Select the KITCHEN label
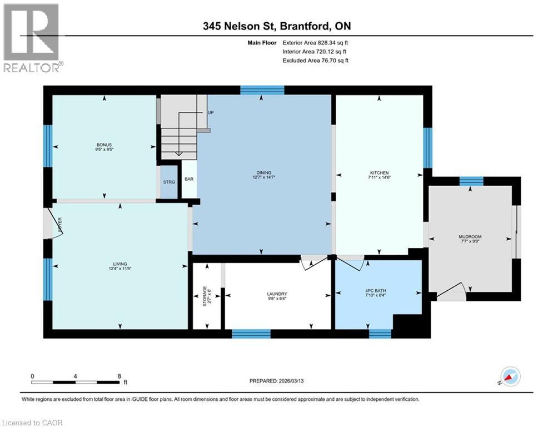(x=380, y=173)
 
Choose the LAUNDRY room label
(x=276, y=294)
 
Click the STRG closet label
(x=169, y=182)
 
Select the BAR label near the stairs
(x=189, y=180)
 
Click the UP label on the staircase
(x=211, y=112)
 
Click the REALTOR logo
(x=32, y=38)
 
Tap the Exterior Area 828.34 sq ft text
(x=315, y=42)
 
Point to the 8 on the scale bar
(x=119, y=376)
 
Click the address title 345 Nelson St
(x=238, y=26)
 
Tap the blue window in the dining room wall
(x=262, y=90)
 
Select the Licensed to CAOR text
(x=33, y=423)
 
